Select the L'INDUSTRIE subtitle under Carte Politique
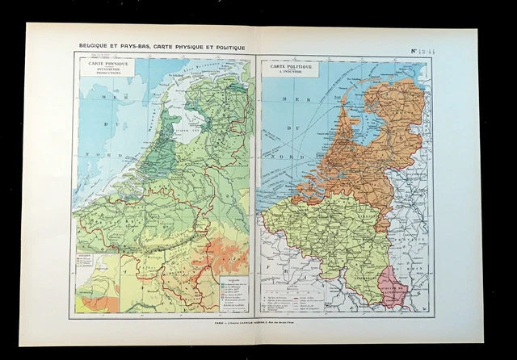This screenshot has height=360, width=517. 292,74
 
